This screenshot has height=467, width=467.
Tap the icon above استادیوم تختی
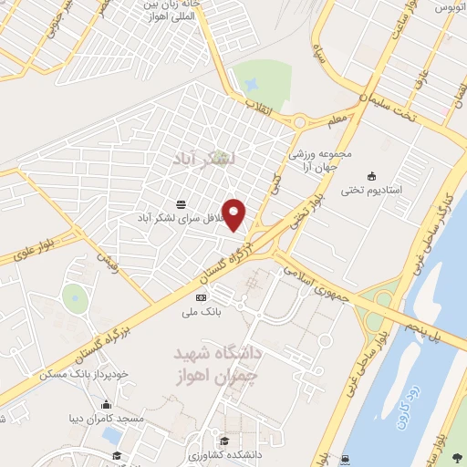coord(370,176)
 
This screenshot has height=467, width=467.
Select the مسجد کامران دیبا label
coord(106,419)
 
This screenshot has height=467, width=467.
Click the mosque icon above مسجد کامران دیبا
coord(106,405)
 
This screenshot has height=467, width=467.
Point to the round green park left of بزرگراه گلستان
coord(75,296)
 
